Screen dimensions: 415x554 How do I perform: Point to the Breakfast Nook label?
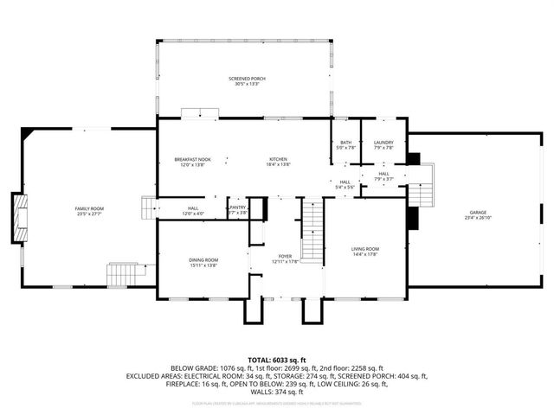click(x=192, y=159)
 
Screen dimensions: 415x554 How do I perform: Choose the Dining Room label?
click(x=203, y=260)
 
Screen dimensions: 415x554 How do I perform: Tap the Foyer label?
click(x=284, y=256)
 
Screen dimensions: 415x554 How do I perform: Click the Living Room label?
click(x=365, y=249)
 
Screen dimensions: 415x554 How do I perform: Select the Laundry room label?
click(x=383, y=143)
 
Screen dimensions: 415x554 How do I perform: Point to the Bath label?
click(x=345, y=143)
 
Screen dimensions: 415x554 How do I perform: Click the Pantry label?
click(x=237, y=207)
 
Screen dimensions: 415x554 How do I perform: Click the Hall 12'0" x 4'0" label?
click(x=192, y=210)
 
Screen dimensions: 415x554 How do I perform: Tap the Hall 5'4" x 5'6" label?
click(x=345, y=184)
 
